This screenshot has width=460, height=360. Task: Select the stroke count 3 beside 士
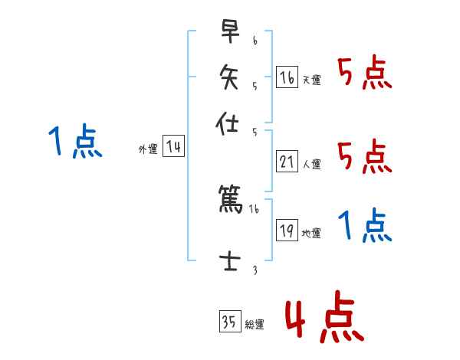255,268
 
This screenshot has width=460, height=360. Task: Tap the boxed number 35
229,322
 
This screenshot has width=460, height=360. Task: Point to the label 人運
312,164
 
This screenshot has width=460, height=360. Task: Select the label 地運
312,233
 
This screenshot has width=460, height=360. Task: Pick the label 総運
255,325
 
